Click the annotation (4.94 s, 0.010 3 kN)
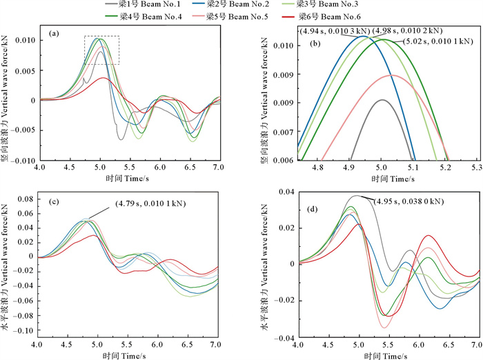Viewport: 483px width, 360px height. click(333, 31)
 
